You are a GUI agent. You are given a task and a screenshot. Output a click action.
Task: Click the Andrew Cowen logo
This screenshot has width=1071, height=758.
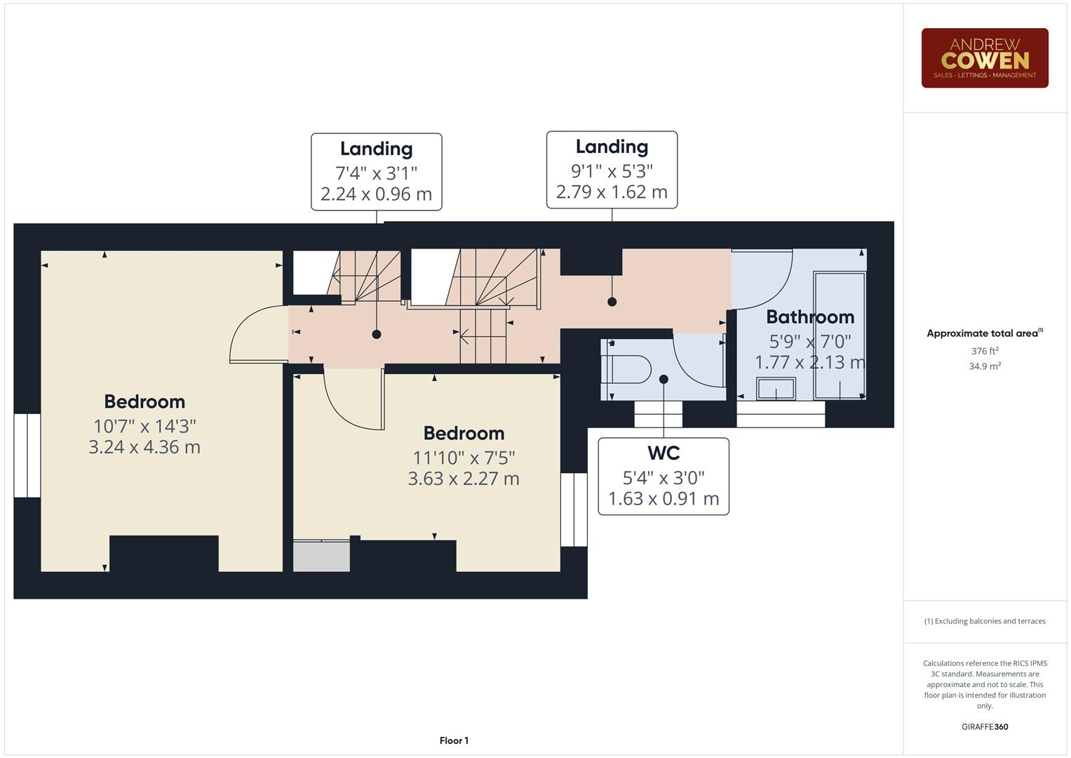tap(984, 58)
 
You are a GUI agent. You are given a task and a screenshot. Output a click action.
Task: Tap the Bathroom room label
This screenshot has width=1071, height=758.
tap(809, 317)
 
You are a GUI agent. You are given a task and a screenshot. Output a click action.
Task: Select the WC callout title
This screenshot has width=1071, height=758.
tap(663, 453)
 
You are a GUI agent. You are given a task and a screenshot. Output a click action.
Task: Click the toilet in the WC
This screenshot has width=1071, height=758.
tap(628, 368)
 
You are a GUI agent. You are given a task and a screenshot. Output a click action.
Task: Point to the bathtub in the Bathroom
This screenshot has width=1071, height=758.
tap(840, 335)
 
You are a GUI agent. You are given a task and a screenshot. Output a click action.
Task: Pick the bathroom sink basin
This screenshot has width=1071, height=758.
tap(776, 388)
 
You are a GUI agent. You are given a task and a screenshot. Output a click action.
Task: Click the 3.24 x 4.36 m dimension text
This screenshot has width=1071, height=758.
tap(144, 447)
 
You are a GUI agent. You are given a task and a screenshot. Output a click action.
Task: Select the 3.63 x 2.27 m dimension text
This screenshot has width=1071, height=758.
tap(464, 479)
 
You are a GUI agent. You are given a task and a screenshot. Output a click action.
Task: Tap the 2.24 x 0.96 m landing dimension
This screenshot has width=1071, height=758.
tap(376, 194)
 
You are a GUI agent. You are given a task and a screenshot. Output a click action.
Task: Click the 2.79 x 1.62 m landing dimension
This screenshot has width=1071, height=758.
tap(612, 192)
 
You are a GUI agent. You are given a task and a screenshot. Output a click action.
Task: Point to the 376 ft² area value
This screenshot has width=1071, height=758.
tap(984, 351)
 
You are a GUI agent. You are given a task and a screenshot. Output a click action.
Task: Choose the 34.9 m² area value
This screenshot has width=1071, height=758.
tap(984, 366)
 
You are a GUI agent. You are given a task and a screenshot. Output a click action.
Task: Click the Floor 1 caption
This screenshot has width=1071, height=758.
tap(454, 740)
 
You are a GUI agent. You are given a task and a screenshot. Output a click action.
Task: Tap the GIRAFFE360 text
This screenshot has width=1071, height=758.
tap(984, 726)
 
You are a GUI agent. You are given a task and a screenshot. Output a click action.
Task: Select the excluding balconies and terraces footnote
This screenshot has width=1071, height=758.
tap(984, 621)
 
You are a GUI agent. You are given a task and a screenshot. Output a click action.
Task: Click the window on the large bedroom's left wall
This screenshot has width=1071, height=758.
tap(27, 456)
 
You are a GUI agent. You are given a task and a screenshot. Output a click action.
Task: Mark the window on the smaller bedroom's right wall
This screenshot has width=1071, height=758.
tap(574, 510)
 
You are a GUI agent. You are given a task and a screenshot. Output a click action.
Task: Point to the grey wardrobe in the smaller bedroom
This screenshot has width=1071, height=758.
tap(321, 556)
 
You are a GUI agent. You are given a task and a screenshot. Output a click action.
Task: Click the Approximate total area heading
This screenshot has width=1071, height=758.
tap(984, 333)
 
